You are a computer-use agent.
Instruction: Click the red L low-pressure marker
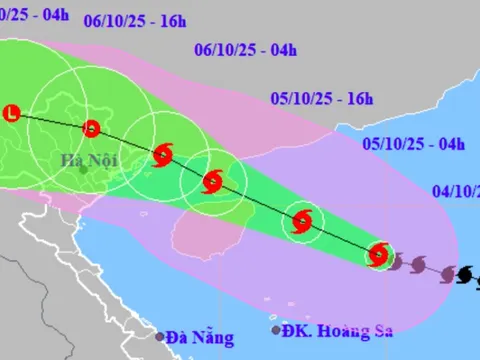(13, 113)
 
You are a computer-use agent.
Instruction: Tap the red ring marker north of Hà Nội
(91, 128)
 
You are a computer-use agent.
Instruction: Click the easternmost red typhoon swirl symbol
(378, 255)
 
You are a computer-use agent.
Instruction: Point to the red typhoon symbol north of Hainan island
(211, 181)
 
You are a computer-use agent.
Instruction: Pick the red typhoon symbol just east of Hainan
(302, 222)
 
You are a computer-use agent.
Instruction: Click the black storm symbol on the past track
(465, 274)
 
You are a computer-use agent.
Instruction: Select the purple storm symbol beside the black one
(445, 272)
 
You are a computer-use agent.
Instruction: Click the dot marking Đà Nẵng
(158, 338)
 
